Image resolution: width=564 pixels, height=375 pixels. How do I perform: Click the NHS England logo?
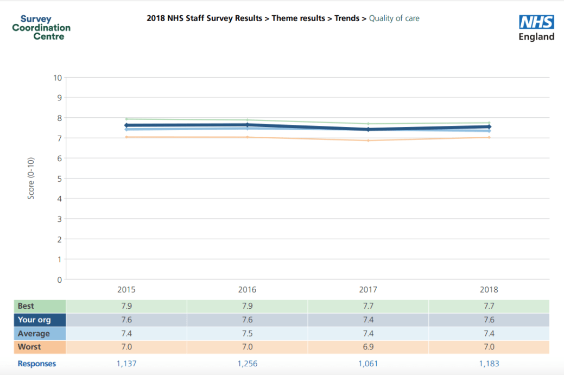536,28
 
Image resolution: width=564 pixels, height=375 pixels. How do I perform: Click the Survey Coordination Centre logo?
41,28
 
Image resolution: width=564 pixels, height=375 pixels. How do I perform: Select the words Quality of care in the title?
394,18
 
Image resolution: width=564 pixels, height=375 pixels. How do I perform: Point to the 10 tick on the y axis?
57,78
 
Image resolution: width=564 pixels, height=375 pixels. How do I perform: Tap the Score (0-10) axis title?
31,179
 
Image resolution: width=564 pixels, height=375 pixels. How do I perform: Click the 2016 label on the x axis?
247,290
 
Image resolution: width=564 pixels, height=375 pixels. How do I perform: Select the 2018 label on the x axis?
489,290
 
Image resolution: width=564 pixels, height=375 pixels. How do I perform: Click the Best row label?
26,306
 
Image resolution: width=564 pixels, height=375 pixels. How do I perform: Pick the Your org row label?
34,320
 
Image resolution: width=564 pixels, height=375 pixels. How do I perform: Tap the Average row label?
34,334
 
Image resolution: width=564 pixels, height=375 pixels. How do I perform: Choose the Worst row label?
29,347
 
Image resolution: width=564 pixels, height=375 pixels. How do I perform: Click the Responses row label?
37,364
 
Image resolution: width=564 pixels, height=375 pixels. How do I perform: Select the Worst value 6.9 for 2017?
368,347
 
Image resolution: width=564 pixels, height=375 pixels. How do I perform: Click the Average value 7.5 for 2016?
247,334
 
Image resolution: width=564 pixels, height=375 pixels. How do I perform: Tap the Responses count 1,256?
247,364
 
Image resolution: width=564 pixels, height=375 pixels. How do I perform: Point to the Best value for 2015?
126,306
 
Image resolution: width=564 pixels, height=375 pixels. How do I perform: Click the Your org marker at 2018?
489,127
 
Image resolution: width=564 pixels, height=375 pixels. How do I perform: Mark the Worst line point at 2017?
368,141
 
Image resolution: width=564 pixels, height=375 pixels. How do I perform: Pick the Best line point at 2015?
126,119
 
